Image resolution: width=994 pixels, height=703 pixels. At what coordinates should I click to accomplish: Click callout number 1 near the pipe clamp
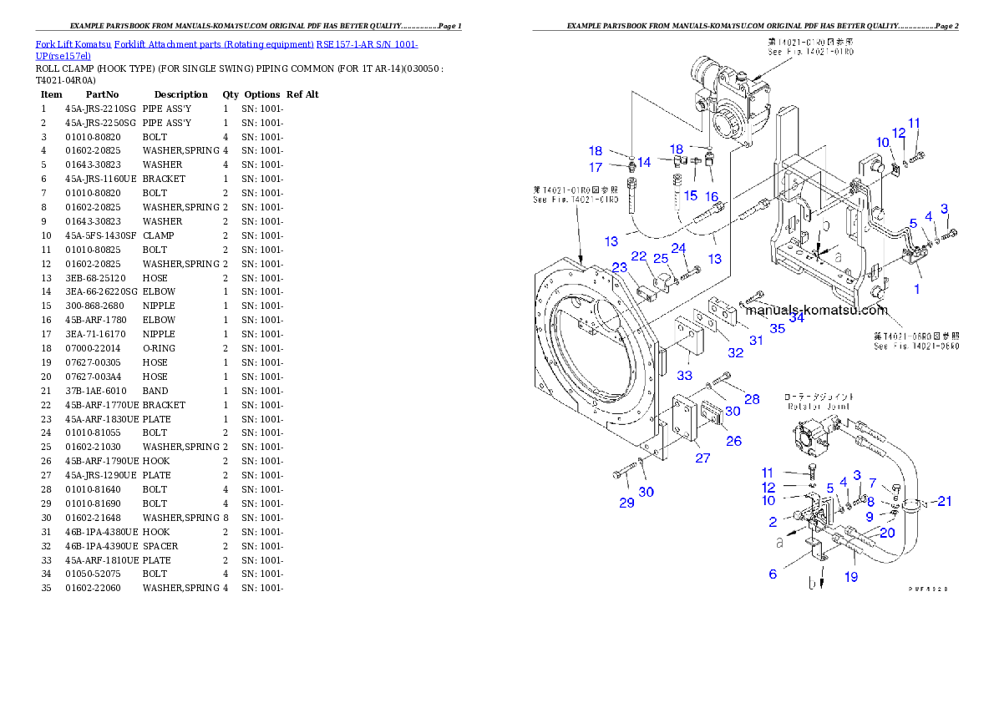click(916, 289)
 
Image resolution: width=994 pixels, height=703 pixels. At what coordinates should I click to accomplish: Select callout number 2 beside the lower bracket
click(773, 522)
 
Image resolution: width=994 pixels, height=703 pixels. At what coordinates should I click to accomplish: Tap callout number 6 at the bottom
click(773, 574)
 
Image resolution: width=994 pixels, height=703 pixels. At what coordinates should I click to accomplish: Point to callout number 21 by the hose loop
click(944, 501)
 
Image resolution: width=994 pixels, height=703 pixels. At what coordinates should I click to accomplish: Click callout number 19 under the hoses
click(850, 577)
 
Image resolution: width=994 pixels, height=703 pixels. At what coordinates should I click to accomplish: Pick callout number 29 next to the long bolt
click(626, 502)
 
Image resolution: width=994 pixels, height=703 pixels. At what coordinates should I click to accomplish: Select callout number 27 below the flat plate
click(702, 458)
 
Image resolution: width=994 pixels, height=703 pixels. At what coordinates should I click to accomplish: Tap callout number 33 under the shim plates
click(685, 375)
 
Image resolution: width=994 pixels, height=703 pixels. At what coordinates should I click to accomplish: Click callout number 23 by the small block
click(620, 267)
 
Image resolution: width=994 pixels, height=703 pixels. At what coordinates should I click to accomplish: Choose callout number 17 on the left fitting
click(595, 168)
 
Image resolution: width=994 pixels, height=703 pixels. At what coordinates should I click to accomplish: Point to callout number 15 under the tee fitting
click(691, 195)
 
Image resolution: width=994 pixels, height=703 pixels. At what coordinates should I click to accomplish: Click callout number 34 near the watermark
click(796, 316)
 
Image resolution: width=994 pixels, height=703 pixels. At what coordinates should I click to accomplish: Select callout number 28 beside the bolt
click(752, 399)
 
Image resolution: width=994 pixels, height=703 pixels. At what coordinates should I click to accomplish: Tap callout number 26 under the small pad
click(733, 440)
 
